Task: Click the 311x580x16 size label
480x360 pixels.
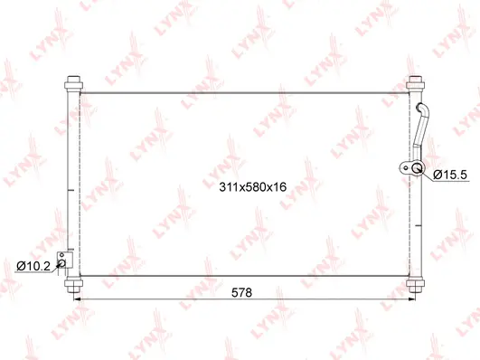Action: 252,187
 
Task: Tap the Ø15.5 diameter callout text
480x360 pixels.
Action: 449,174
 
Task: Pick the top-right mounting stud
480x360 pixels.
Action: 416,84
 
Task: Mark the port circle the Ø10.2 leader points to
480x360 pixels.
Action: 62,264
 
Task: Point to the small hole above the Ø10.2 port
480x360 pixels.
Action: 62,255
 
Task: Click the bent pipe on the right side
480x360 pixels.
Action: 423,127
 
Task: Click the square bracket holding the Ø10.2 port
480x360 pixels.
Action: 63,261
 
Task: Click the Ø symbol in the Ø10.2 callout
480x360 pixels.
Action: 21,265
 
